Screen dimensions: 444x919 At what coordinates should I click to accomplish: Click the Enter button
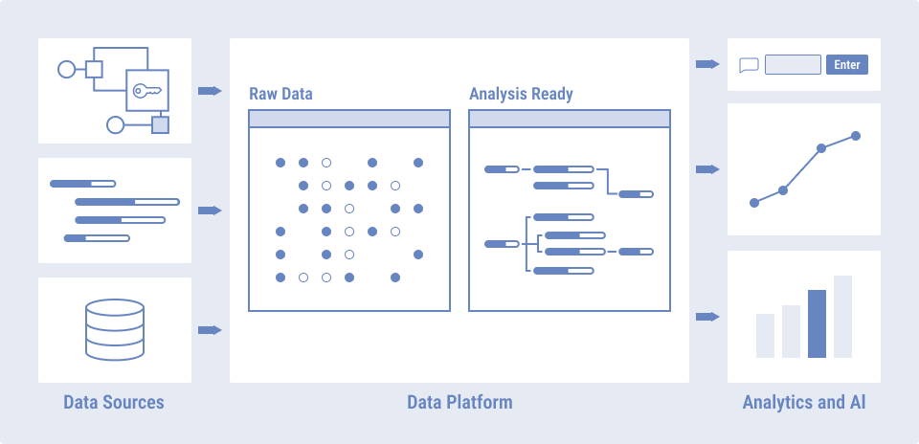pos(847,65)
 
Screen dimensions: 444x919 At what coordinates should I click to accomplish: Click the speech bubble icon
pos(749,65)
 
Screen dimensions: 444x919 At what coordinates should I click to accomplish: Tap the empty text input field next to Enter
pos(793,65)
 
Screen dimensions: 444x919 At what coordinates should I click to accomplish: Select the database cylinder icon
pos(115,329)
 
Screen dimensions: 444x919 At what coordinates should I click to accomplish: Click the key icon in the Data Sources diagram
pos(147,91)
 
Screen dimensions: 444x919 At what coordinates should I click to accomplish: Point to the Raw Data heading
pos(280,94)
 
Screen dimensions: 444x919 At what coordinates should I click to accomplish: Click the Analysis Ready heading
pos(521,94)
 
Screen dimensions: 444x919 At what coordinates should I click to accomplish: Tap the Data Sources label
pos(114,402)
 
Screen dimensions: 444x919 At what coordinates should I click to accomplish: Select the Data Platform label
pos(459,402)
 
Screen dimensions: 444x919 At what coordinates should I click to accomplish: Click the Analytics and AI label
pos(804,402)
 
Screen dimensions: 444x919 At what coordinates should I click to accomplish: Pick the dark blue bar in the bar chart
pos(817,323)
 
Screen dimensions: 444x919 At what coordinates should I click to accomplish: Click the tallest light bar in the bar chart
pos(842,317)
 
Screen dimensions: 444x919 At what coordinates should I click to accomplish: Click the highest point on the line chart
pos(856,136)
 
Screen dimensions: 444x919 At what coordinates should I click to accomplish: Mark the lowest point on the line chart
pos(754,203)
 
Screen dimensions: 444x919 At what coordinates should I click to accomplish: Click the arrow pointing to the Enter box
pos(707,64)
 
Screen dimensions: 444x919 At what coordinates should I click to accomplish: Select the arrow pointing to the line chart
pos(707,169)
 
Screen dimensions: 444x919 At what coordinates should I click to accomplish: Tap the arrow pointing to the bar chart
pos(707,317)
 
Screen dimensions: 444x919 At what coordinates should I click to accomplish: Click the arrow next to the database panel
pos(210,330)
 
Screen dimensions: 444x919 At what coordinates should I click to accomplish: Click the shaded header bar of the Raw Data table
pos(348,119)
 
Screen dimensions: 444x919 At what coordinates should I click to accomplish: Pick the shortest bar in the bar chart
pos(765,335)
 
